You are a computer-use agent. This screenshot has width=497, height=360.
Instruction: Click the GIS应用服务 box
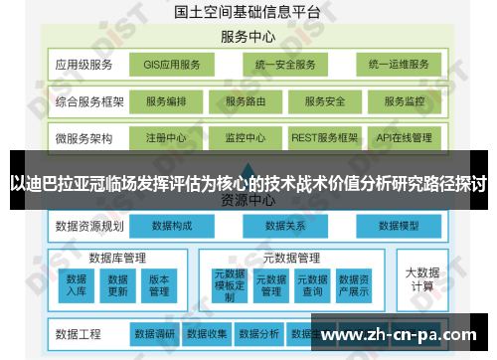click(x=171, y=66)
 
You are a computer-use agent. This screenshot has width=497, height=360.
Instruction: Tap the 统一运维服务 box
click(x=399, y=66)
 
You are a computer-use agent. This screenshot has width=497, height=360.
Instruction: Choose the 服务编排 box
click(x=171, y=101)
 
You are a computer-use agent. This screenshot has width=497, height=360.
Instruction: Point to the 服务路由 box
click(x=247, y=101)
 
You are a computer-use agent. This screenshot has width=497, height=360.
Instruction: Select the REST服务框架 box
click(x=323, y=137)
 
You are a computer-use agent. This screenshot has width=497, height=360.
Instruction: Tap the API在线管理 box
click(x=404, y=137)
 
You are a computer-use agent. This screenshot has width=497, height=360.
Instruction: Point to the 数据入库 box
click(x=78, y=284)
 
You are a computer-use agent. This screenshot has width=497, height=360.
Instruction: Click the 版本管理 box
click(x=159, y=284)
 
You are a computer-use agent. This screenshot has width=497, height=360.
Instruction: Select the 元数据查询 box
click(x=312, y=284)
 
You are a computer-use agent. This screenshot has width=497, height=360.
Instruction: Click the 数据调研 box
click(x=155, y=333)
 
